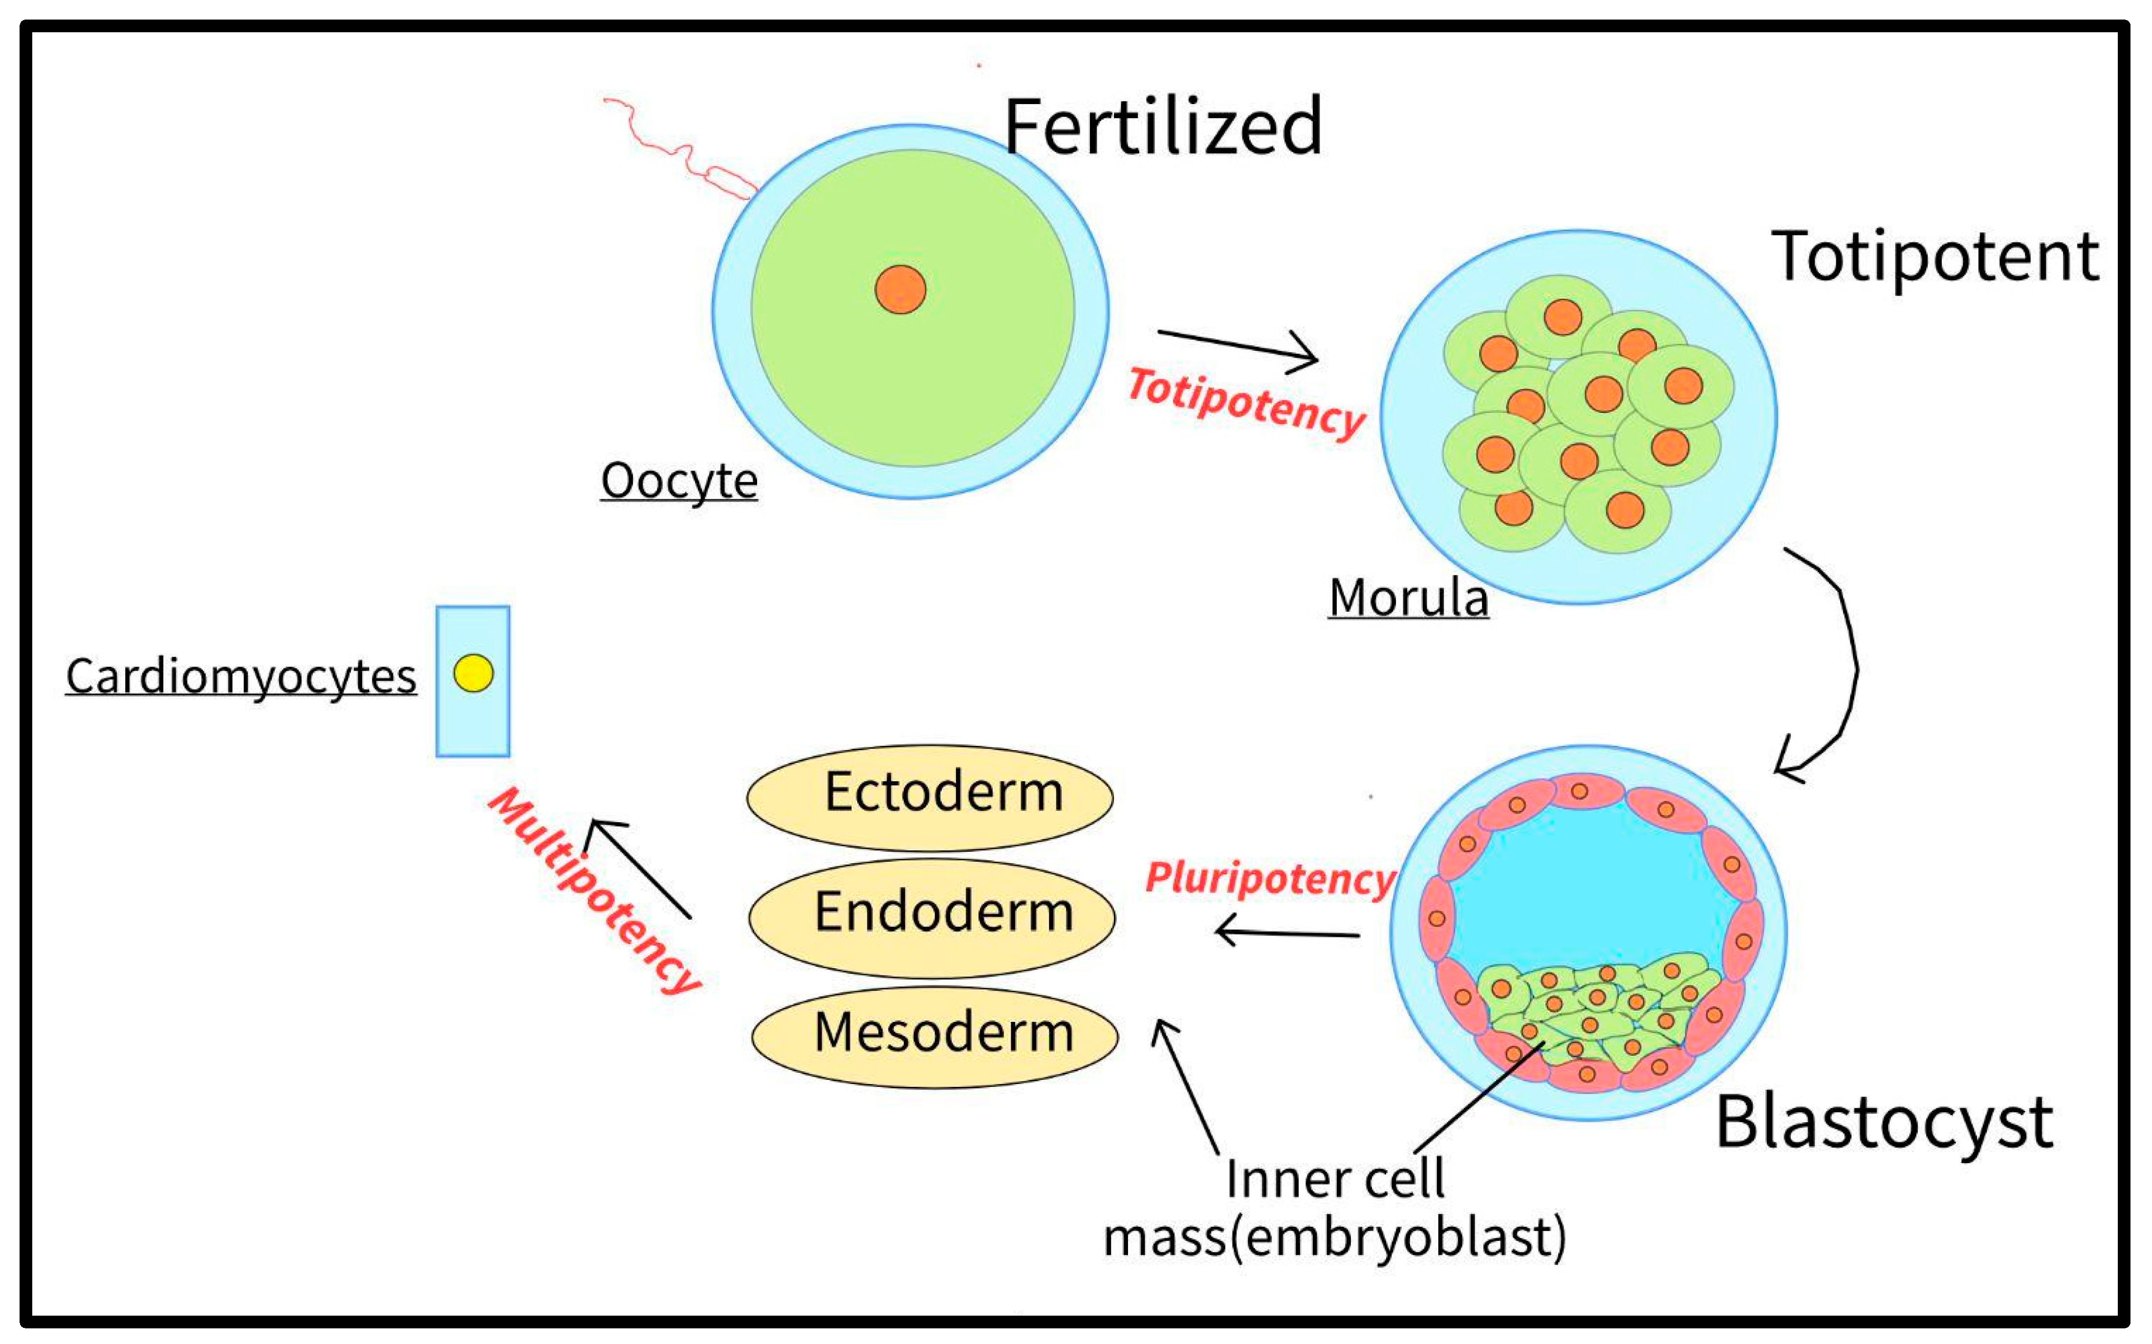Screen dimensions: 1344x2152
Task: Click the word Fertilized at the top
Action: click(1163, 127)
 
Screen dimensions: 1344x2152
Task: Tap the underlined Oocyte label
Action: click(679, 481)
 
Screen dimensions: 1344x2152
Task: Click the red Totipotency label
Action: click(1246, 403)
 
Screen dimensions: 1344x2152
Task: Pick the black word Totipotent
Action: click(1935, 257)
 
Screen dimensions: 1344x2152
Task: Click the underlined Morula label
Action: click(1408, 597)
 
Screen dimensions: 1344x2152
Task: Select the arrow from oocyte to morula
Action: click(1238, 347)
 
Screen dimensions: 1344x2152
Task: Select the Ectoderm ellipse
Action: click(930, 797)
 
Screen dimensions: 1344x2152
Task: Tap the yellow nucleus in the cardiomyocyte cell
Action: click(473, 673)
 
